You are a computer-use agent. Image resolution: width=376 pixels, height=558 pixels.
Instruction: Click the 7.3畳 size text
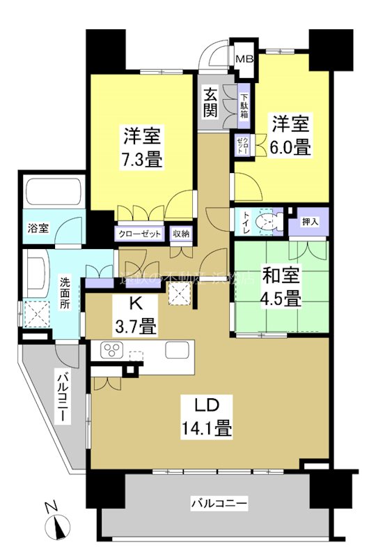tap(144, 159)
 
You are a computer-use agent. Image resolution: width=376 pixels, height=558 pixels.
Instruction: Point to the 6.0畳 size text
tap(291, 148)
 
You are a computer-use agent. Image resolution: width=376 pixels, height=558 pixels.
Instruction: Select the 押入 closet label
tap(311, 221)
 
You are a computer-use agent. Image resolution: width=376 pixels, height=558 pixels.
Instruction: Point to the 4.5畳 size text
tap(281, 299)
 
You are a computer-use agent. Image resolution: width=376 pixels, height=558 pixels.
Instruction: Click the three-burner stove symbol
tap(112, 349)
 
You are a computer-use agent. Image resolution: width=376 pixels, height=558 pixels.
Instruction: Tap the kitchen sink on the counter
tap(175, 349)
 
